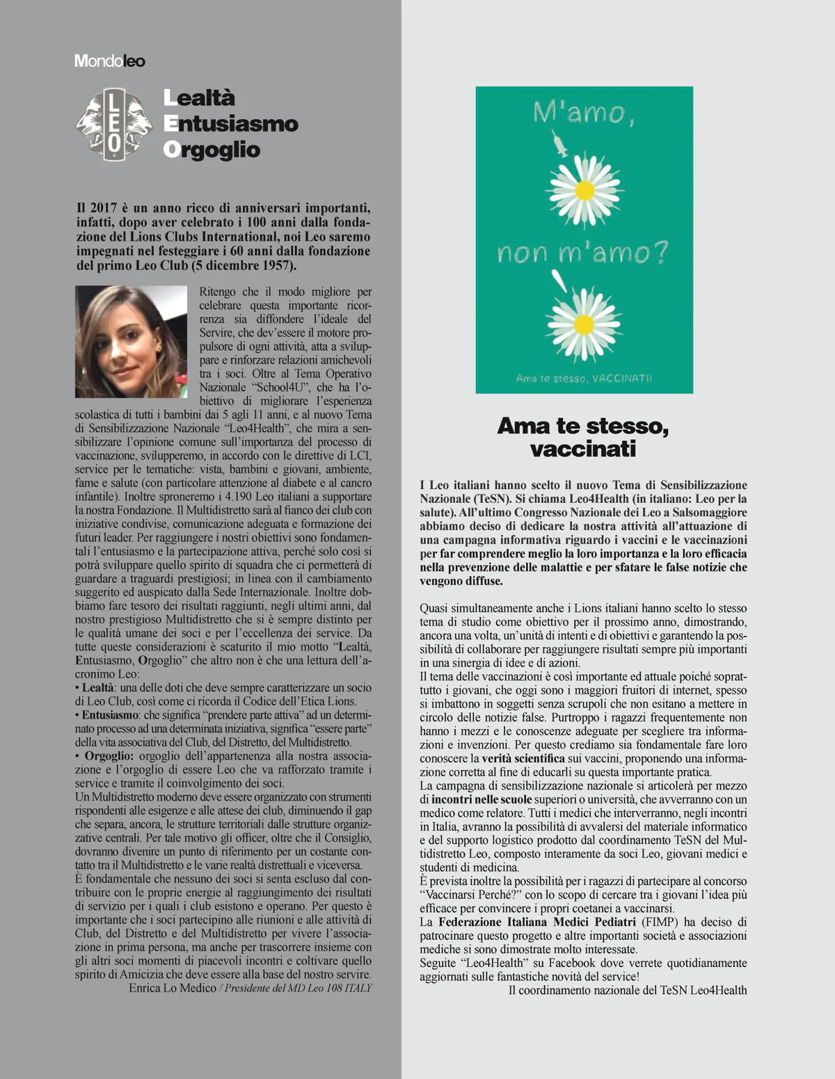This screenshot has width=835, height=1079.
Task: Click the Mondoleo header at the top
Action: [x=110, y=61]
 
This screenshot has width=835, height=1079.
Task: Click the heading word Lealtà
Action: [x=200, y=98]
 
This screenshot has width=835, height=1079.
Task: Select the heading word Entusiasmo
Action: [x=231, y=124]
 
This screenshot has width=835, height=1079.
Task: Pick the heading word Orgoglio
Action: [x=212, y=150]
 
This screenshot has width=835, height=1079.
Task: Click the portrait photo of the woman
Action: [x=131, y=341]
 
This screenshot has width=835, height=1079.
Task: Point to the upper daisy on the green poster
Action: [x=584, y=188]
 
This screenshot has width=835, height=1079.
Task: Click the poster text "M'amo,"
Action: [x=583, y=113]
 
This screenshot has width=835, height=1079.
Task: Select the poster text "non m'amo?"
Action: [x=582, y=253]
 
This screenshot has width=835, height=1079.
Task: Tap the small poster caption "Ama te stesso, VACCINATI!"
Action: [x=584, y=378]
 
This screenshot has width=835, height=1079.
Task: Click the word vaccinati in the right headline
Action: [x=583, y=449]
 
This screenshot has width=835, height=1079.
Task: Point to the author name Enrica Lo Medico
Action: [x=173, y=988]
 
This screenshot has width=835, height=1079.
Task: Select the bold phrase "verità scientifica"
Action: [x=523, y=758]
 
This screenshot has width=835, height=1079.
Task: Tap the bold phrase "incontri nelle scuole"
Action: [x=482, y=799]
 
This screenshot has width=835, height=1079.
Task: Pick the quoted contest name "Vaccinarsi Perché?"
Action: [x=470, y=895]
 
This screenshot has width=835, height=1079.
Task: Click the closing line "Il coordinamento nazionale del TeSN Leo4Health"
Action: [x=628, y=990]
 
